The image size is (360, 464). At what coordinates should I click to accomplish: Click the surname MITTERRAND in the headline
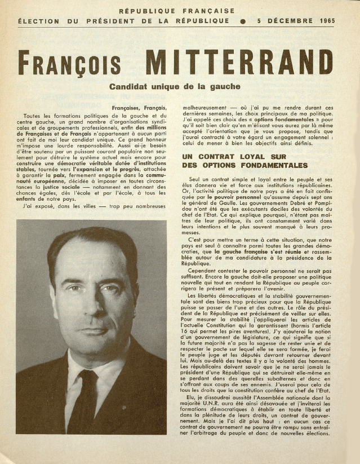(x=239, y=63)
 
